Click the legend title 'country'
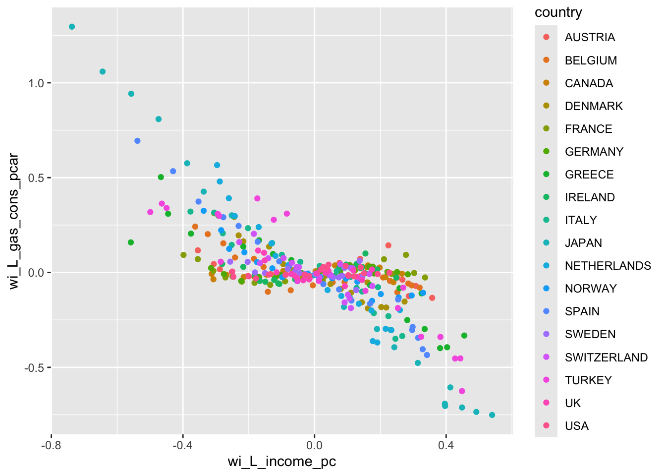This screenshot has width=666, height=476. click(x=558, y=12)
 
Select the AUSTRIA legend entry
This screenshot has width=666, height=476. click(x=590, y=37)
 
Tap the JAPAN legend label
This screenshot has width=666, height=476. click(x=583, y=243)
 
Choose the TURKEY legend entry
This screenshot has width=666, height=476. click(x=588, y=380)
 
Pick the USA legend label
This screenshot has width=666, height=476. click(x=577, y=426)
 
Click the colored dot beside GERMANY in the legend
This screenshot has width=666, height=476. click(x=546, y=151)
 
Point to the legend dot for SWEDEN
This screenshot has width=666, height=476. click(x=546, y=334)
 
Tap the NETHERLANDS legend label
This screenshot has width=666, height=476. click(x=608, y=266)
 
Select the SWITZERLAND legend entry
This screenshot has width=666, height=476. click(x=606, y=357)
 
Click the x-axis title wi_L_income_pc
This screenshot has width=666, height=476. click(x=281, y=462)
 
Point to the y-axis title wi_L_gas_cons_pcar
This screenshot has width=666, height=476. click(x=14, y=221)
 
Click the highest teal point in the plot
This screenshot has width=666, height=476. click(x=72, y=27)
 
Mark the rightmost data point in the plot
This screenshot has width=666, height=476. click(x=492, y=415)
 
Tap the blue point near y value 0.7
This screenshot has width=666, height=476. click(x=137, y=141)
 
